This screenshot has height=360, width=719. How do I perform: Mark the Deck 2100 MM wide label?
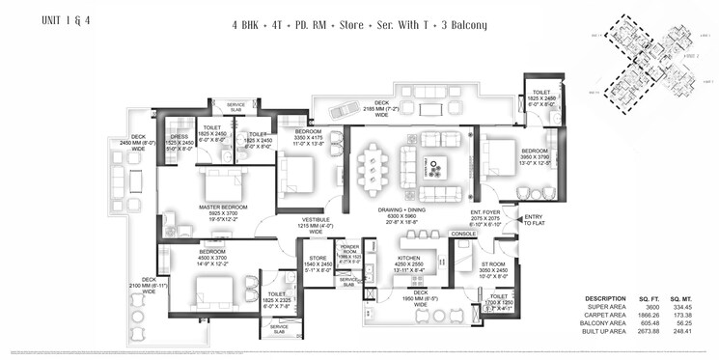tap(155, 259)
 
